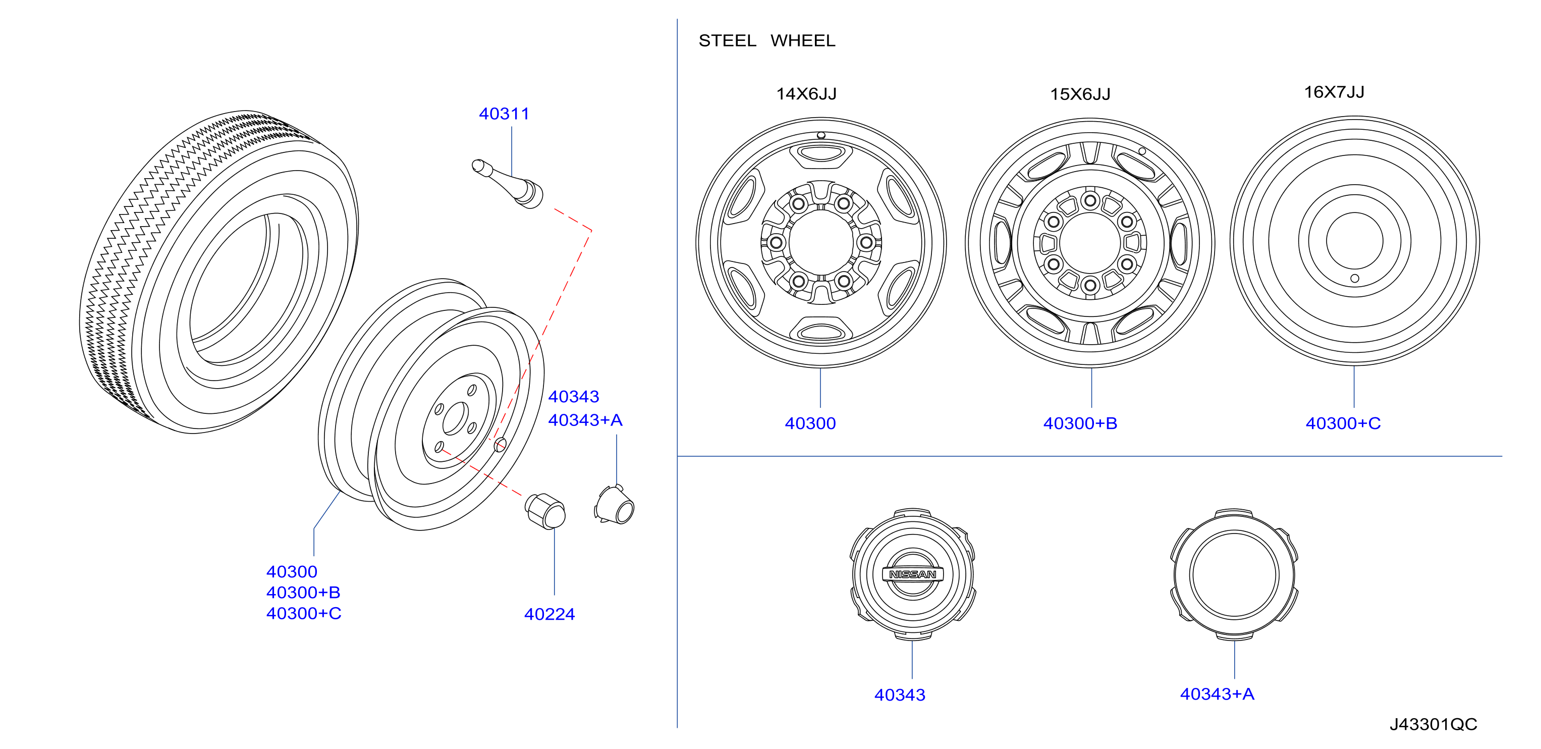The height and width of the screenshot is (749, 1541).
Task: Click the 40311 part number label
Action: [504, 114]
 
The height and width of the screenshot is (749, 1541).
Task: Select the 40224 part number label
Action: [549, 614]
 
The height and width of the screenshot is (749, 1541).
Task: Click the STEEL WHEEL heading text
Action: [767, 41]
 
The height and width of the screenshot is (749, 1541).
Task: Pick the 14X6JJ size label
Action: [806, 94]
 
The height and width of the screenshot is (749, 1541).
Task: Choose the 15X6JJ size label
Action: [1080, 94]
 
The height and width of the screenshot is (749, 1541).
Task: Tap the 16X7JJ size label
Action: [1334, 92]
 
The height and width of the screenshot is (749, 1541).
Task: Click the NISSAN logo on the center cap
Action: [913, 574]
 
